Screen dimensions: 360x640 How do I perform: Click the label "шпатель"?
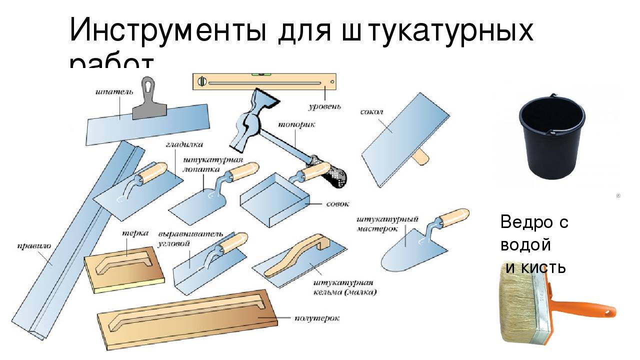[x=114, y=92]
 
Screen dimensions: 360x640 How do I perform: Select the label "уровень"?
[x=324, y=106]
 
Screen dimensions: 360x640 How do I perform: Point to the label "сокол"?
[x=371, y=112]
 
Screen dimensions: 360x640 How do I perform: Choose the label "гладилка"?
[x=184, y=145]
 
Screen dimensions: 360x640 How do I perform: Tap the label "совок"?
[x=337, y=204]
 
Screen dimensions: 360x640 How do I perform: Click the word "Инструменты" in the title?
[x=167, y=31]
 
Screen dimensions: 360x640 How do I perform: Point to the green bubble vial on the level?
[x=263, y=74]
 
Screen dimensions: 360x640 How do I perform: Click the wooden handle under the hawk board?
[x=420, y=157]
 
